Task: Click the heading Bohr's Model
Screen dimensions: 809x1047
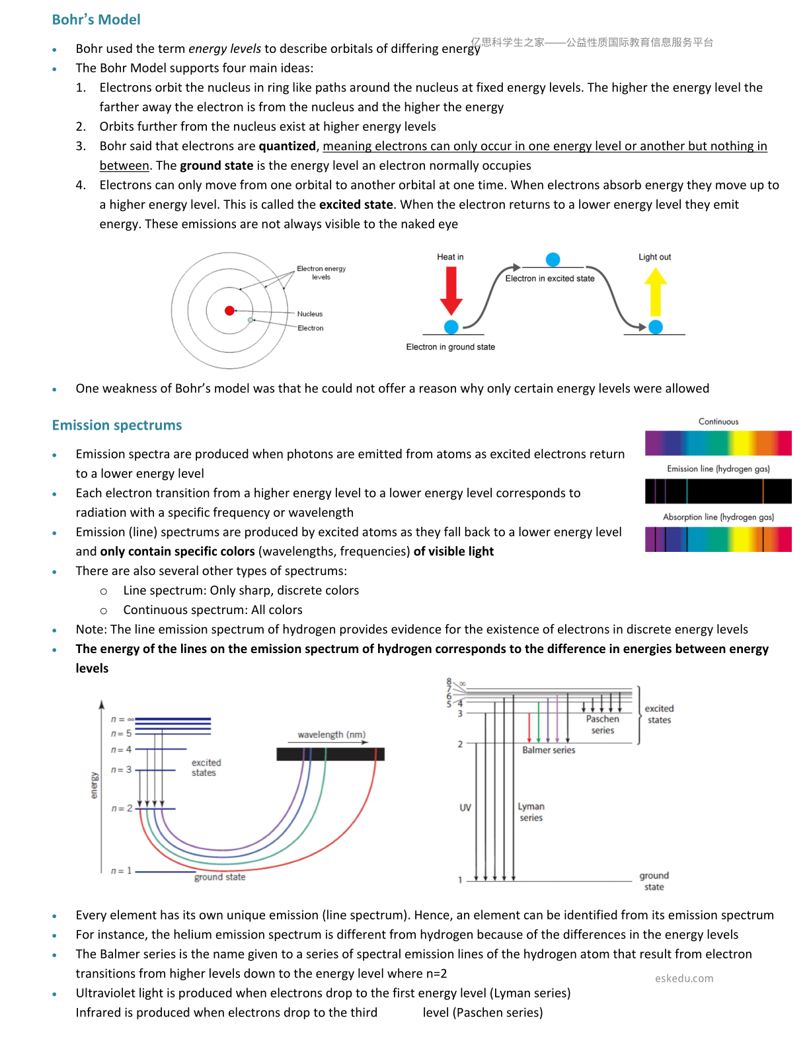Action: (96, 20)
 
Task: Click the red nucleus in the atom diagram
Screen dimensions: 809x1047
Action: (229, 311)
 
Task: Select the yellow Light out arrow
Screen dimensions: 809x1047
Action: (655, 291)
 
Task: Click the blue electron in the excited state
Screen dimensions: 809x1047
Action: (553, 260)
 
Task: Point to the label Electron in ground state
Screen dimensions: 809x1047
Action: (451, 347)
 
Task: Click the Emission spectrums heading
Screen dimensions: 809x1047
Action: (117, 425)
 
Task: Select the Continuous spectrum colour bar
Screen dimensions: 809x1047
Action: (718, 443)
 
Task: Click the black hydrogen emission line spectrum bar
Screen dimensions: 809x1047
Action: (718, 491)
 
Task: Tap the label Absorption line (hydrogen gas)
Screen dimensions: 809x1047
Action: (718, 517)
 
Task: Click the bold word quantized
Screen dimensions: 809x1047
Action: (287, 146)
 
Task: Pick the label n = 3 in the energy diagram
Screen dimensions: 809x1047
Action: (121, 769)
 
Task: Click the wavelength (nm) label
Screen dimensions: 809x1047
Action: (332, 734)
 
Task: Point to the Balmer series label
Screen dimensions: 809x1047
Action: (549, 750)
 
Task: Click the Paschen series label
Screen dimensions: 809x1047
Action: (602, 724)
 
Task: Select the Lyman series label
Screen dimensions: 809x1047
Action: (531, 812)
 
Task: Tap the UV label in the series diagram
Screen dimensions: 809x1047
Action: (465, 808)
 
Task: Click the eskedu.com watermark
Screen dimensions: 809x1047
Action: (683, 978)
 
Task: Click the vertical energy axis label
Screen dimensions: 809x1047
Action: (94, 785)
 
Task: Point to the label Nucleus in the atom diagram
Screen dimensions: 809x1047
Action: (310, 314)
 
